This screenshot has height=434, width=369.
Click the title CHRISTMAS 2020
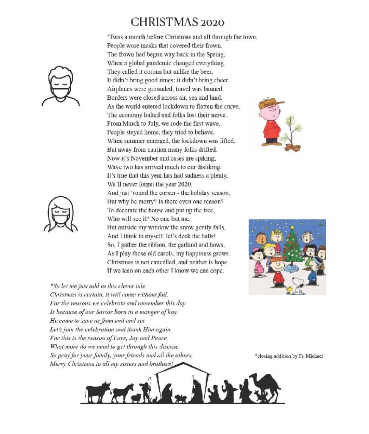coord(177,22)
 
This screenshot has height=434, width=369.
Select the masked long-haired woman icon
coord(58,213)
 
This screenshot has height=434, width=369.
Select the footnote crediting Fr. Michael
coord(289,356)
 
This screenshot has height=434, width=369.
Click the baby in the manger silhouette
coord(181,398)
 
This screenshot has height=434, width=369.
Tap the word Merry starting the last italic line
coord(58,364)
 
